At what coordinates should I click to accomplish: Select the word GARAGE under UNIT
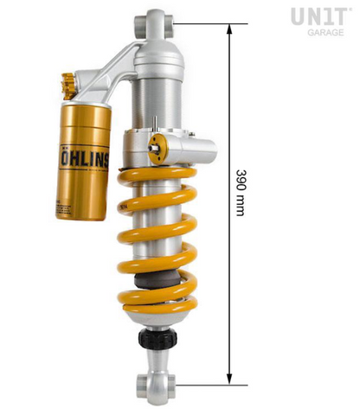tap(324, 32)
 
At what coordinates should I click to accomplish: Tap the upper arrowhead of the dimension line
tap(229, 29)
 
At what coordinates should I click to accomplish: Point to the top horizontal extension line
tap(208, 24)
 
